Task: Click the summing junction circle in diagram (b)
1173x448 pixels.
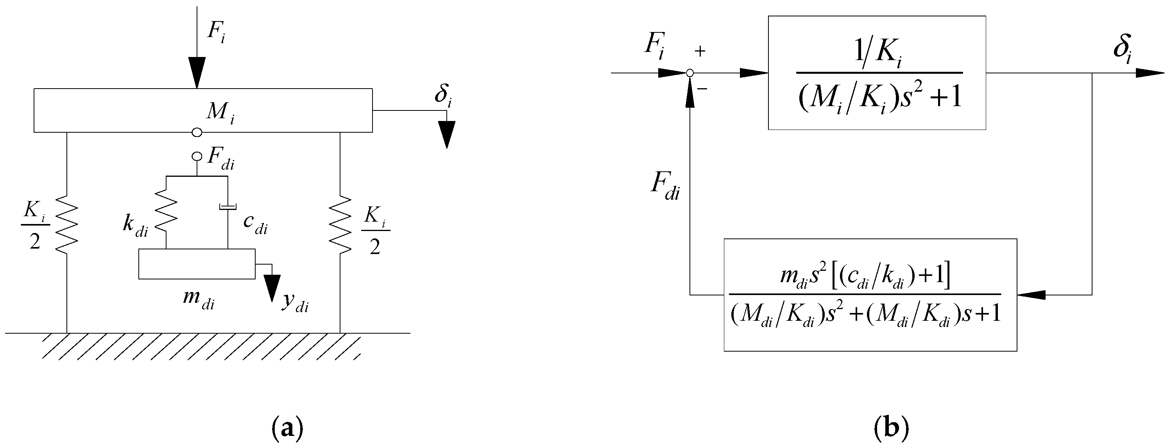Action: point(690,73)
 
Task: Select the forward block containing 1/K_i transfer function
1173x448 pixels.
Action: point(877,73)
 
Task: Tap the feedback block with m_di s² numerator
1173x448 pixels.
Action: point(870,295)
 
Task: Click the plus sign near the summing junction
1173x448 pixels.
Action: point(700,52)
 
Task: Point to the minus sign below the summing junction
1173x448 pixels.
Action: point(702,88)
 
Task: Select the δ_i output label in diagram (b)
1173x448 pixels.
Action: point(1122,47)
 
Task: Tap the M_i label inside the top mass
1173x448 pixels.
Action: point(220,112)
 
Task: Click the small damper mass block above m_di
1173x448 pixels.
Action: point(197,264)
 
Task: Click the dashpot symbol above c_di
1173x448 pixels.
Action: point(227,207)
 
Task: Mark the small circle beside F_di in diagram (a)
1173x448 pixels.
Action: point(197,156)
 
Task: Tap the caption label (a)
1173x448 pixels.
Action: point(287,428)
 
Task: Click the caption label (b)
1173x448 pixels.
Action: point(891,428)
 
